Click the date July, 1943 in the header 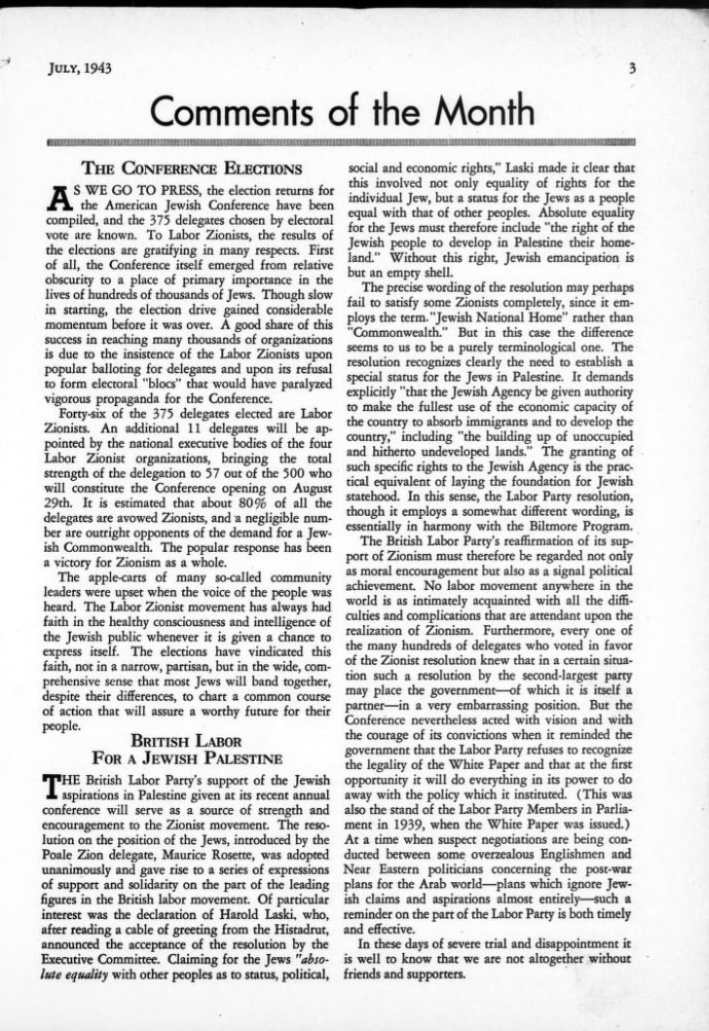79,68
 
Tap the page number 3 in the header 632,68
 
